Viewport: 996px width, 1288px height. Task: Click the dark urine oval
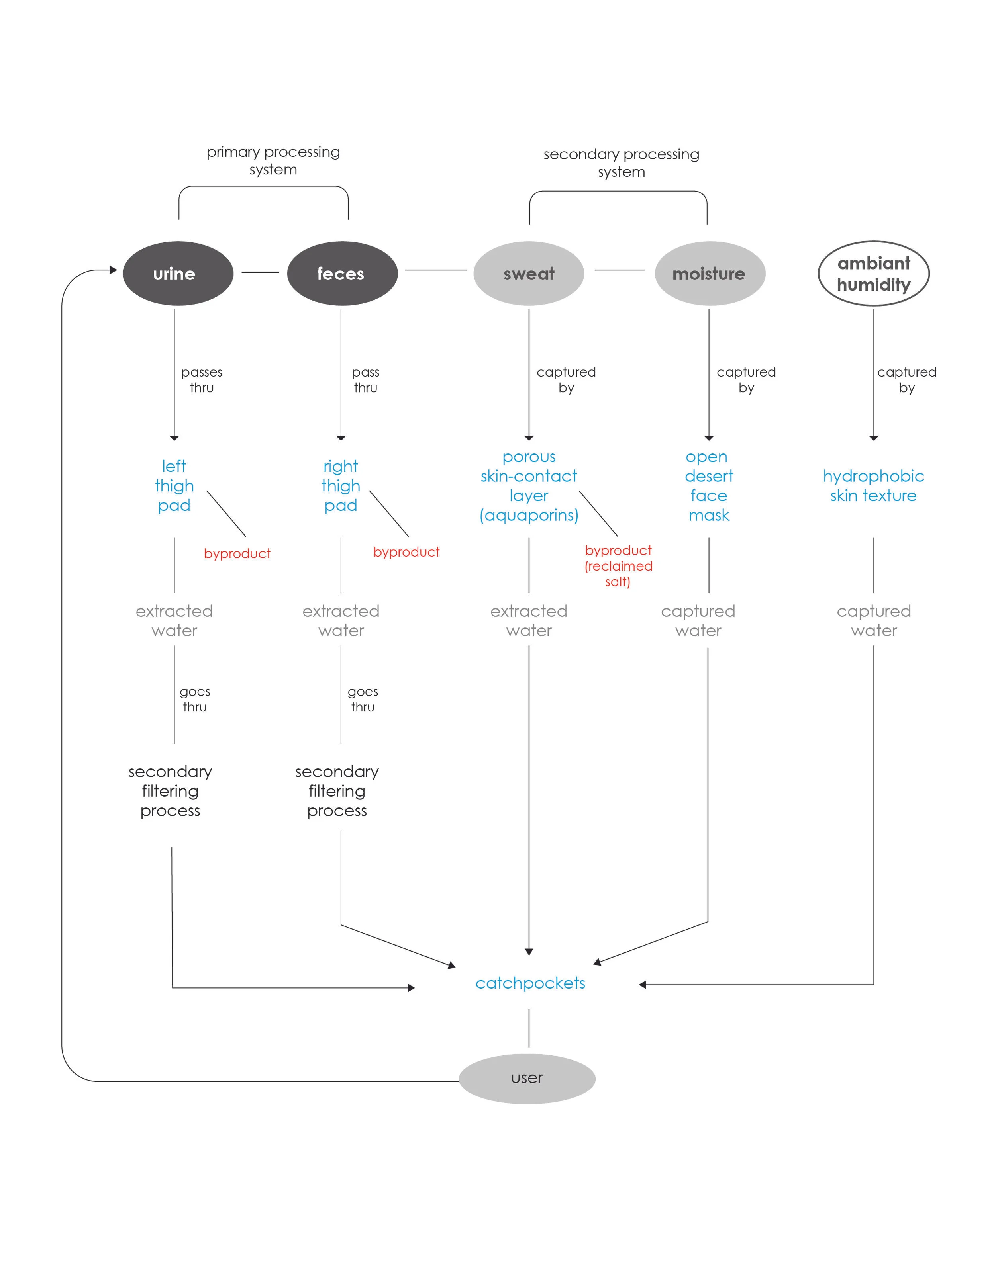point(178,274)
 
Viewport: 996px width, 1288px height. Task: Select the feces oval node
point(342,274)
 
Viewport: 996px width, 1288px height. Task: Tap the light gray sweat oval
point(528,274)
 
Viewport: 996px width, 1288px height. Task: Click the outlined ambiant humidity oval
point(873,274)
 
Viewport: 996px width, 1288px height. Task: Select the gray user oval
point(527,1079)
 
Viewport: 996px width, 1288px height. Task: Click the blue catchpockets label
point(530,983)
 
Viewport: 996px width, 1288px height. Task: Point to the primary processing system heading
point(273,160)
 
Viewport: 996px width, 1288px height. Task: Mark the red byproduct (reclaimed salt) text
point(618,565)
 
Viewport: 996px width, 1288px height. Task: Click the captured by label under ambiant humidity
point(906,380)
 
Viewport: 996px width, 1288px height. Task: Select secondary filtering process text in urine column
point(170,791)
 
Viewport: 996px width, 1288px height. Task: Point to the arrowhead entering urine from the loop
point(114,270)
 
